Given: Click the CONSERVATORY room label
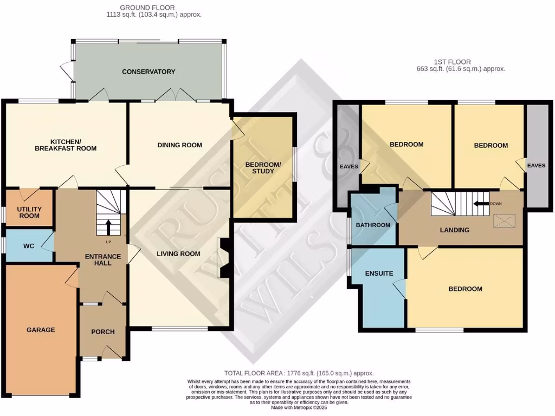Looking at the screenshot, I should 148,71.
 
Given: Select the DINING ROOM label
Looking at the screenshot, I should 179,145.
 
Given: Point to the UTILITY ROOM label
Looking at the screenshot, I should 29,212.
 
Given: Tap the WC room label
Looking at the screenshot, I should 29,246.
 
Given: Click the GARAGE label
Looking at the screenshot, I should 41,329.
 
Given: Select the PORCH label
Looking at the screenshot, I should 102,331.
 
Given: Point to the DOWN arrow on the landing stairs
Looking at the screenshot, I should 480,204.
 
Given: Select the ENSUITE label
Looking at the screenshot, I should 379,274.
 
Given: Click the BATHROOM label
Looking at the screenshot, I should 373,225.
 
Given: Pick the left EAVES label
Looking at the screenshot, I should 349,166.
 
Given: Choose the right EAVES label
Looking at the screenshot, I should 537,166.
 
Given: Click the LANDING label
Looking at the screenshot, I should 454,230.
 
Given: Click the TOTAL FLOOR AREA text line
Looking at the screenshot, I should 299,373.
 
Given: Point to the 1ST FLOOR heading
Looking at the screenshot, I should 451,62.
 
